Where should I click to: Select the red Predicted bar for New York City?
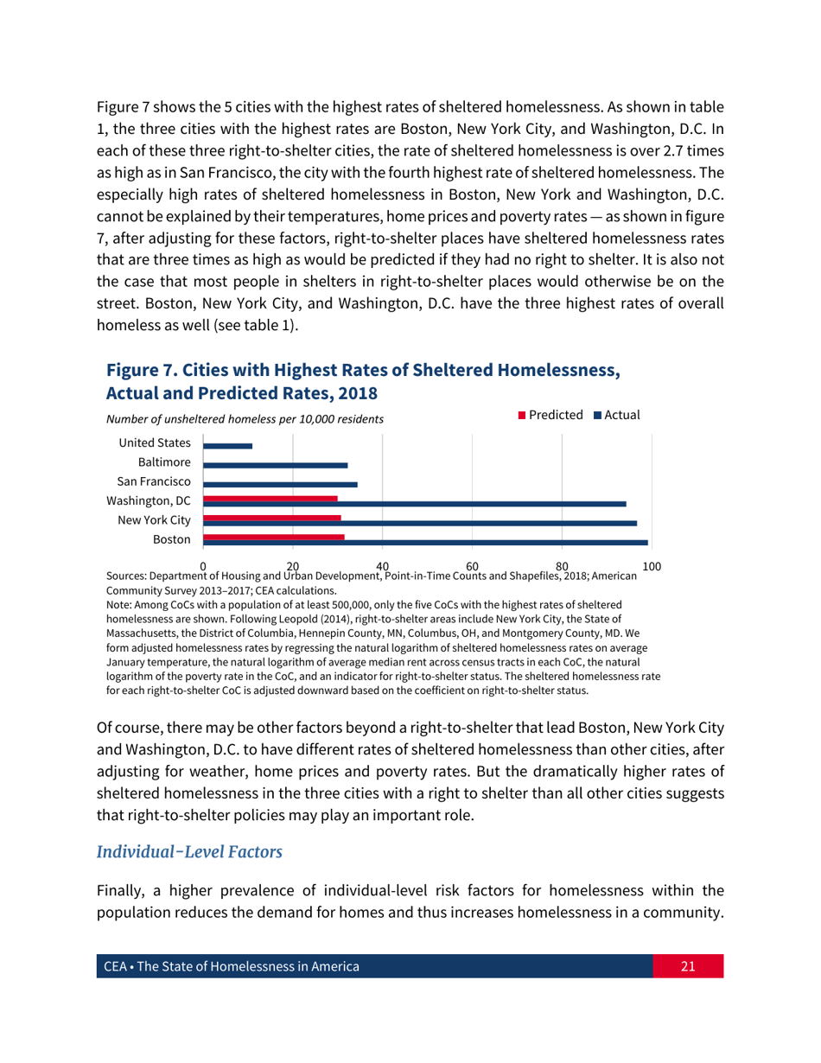click(x=272, y=518)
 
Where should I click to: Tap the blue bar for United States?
click(x=228, y=446)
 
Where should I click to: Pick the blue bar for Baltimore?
click(x=276, y=466)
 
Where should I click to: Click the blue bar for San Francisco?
click(x=280, y=485)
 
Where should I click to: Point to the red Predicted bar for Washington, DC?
click(x=270, y=499)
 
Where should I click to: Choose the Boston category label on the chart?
click(x=171, y=538)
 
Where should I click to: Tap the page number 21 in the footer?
click(x=687, y=966)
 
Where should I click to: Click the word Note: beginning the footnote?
click(x=120, y=607)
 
